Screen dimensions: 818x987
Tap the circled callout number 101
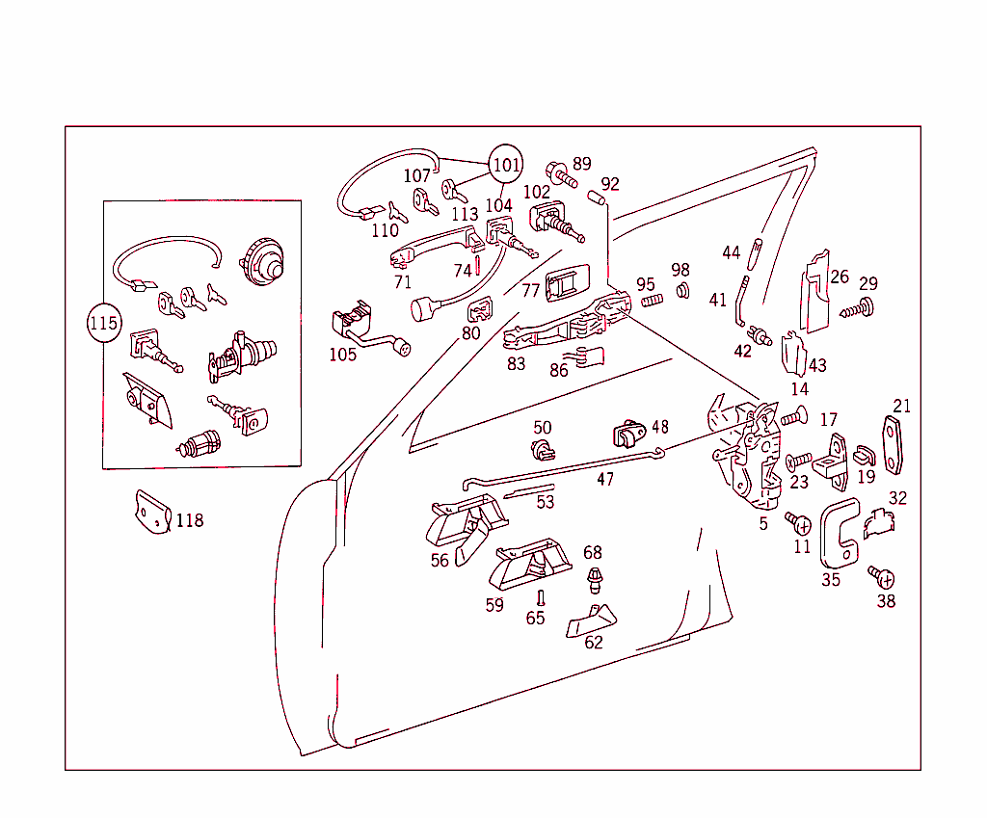507,165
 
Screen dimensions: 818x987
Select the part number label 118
190,520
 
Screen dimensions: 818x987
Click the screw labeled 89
561,175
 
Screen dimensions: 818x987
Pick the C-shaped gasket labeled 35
838,536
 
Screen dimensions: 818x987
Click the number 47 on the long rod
605,479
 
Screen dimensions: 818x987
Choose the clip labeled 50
544,448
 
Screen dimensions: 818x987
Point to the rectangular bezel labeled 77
569,284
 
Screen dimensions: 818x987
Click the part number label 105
342,354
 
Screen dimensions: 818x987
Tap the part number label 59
494,605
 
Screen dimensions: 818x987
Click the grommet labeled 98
682,289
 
